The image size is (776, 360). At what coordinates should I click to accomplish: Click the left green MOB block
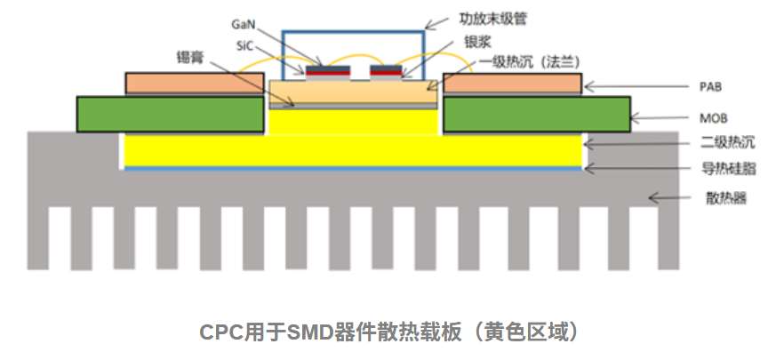[172, 115]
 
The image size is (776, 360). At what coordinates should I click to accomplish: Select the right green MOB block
[537, 115]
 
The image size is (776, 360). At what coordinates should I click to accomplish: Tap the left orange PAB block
[195, 84]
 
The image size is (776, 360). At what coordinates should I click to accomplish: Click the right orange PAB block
[512, 84]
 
